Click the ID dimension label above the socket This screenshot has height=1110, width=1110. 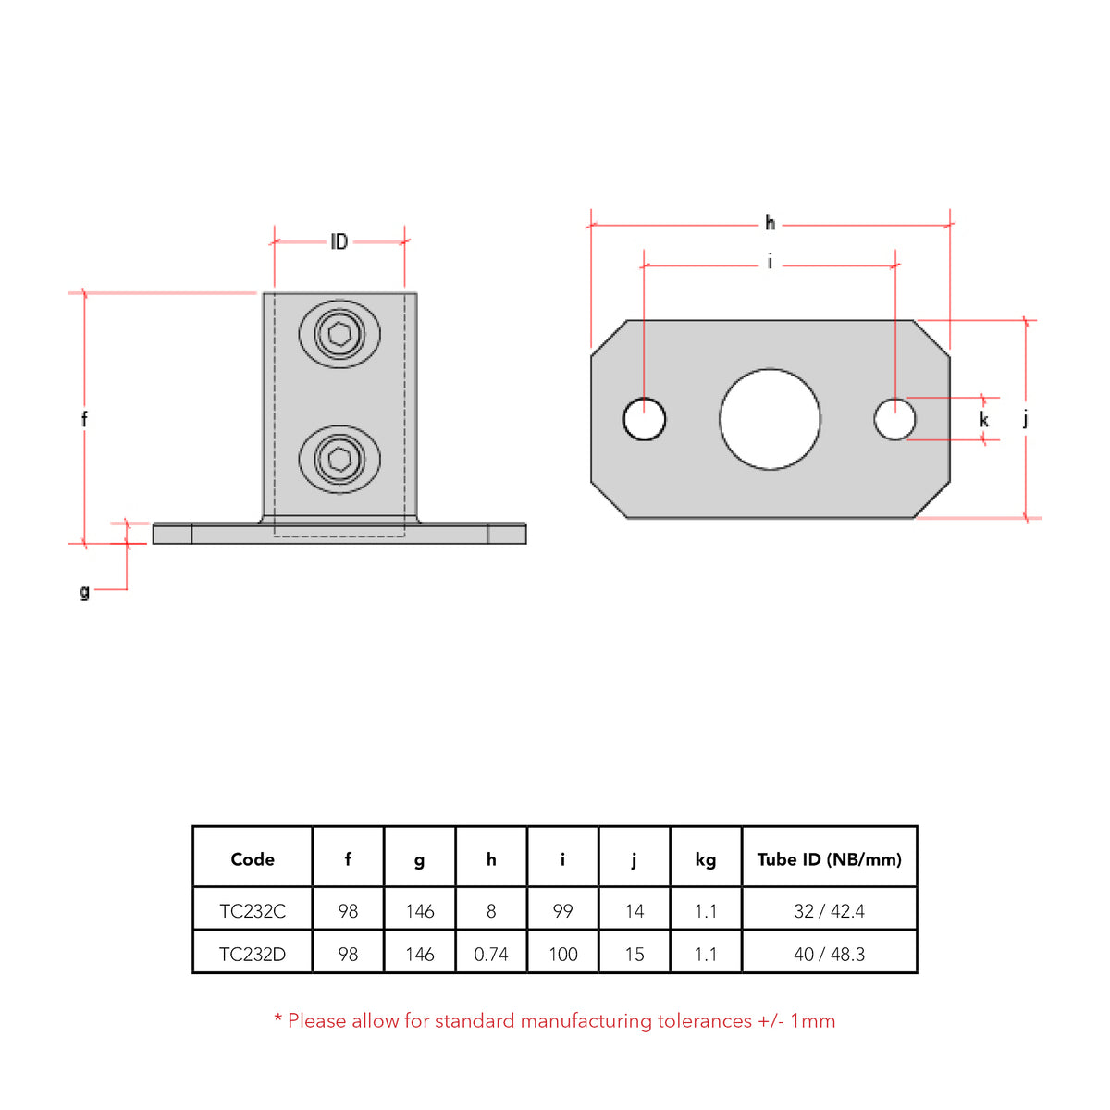tap(339, 241)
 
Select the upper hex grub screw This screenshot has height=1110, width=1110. tap(339, 334)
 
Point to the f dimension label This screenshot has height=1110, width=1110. tap(84, 419)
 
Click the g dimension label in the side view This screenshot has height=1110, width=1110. tap(84, 591)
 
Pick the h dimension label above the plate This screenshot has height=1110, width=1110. tap(770, 223)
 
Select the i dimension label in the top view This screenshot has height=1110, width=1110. tap(770, 263)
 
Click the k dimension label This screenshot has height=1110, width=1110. tap(984, 420)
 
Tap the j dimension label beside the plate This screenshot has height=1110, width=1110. tap(1025, 419)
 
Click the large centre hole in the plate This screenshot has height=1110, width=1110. tap(770, 419)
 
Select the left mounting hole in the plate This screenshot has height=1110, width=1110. tap(644, 419)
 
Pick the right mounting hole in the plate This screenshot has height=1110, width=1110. tap(894, 419)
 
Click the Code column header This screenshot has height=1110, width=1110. tap(253, 859)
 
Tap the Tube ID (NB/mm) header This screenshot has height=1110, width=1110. tap(829, 859)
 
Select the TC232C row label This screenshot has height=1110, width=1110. tap(253, 911)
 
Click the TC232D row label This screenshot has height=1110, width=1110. tap(253, 954)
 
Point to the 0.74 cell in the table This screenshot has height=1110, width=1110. tap(491, 954)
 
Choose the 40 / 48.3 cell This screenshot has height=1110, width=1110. tap(829, 954)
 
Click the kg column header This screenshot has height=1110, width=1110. tap(706, 859)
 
